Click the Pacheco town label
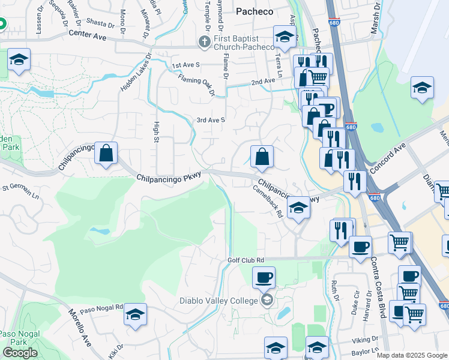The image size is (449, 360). coord(254,11)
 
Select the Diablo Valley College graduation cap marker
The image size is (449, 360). coord(267,300)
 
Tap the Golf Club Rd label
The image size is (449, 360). coord(246,260)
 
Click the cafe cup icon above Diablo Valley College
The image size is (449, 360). coord(264,278)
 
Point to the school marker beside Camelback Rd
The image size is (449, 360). coord(298,209)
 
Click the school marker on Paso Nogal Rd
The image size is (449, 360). coord(136,314)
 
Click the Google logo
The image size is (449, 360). coord(20,353)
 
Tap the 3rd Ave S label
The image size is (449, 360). coord(210,120)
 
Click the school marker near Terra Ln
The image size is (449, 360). coord(285,37)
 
